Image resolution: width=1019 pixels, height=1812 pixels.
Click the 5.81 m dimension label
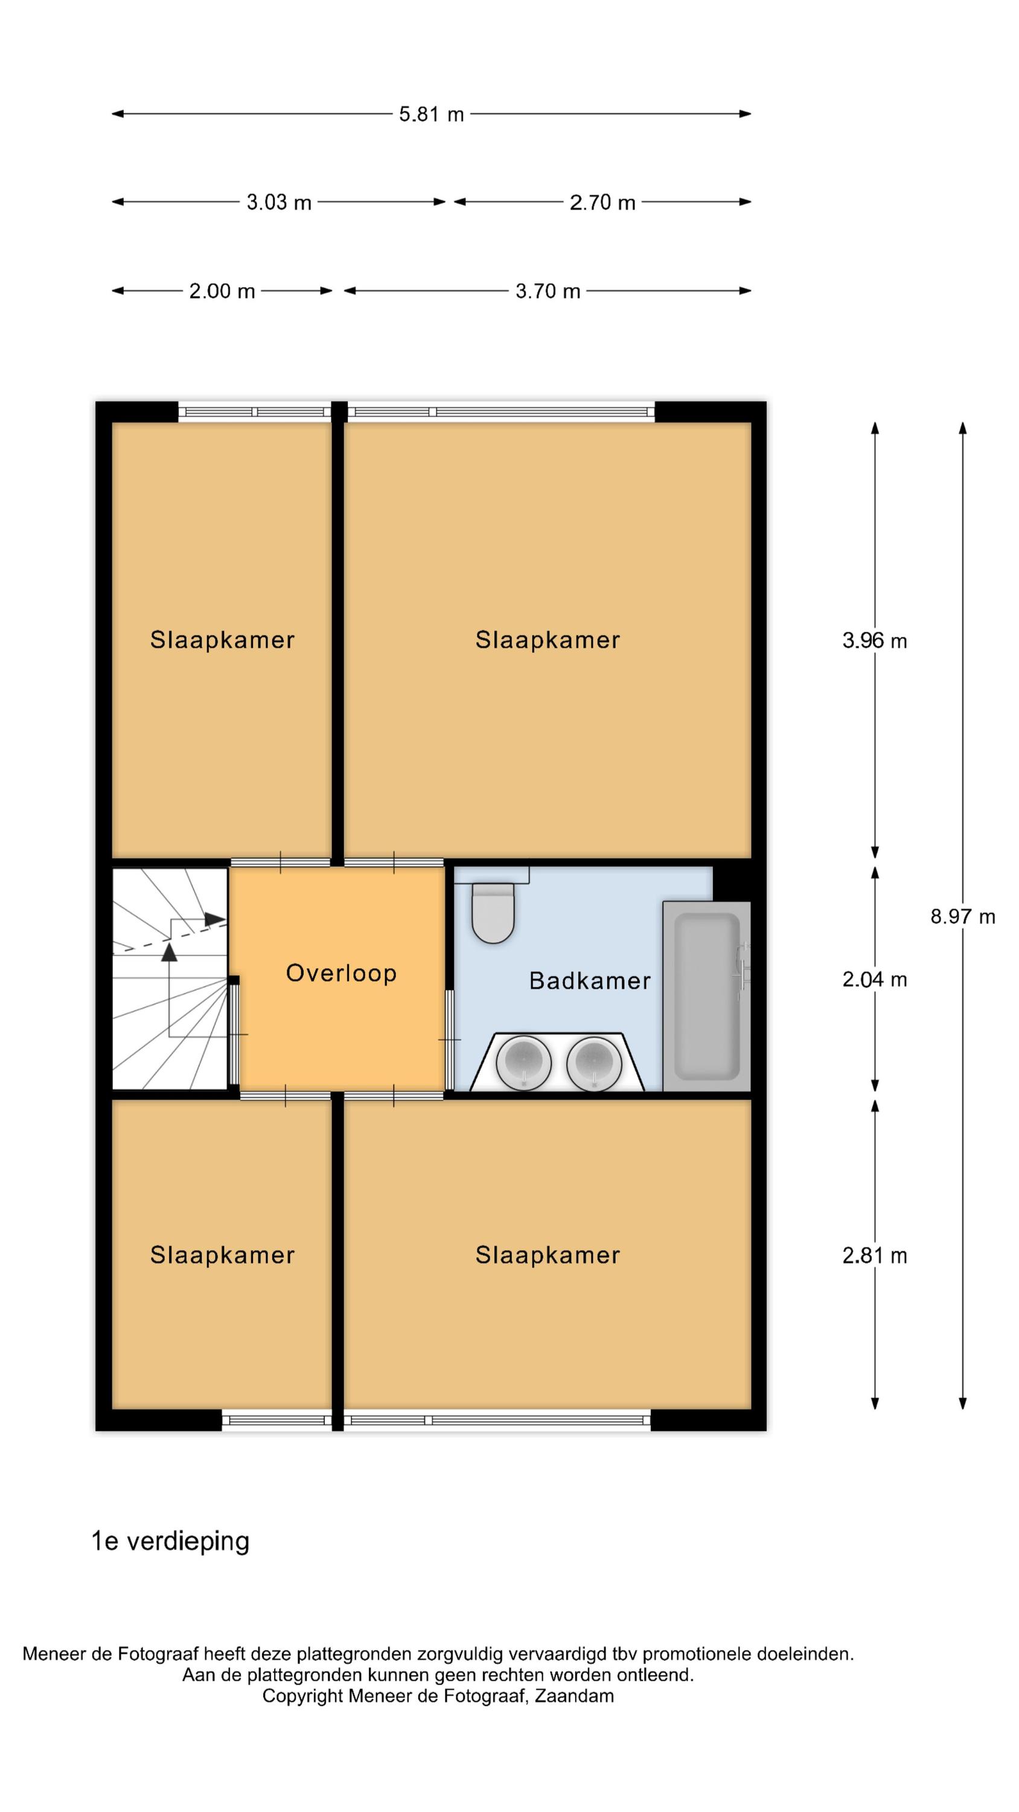431,114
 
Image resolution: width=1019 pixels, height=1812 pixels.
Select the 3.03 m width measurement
278,202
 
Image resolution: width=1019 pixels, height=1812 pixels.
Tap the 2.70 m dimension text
602,202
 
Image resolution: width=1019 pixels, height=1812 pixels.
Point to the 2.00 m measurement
222,291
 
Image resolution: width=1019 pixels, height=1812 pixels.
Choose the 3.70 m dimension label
548,291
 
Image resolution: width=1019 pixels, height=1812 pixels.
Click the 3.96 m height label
874,641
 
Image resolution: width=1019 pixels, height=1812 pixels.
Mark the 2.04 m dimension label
874,979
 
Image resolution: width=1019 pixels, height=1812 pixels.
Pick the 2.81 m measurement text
874,1256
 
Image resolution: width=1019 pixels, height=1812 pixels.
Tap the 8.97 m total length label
963,916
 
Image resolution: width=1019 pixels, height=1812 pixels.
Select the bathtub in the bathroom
707,996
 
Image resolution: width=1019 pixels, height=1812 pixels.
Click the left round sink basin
523,1063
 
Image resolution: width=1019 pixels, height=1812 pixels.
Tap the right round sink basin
593,1063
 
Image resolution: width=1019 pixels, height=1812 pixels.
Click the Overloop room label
341,973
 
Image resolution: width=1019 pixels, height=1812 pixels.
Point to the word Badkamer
589,980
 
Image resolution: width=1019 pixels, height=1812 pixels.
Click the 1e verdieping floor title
170,1541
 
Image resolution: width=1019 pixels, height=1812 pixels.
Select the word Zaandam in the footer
574,1696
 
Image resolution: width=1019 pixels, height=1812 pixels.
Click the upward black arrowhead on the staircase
169,953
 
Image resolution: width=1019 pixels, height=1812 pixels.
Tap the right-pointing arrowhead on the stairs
215,919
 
